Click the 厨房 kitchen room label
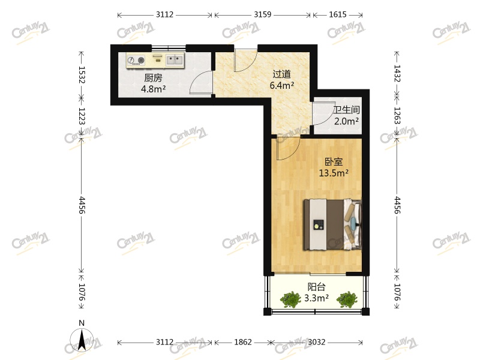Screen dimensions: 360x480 coord(153,77)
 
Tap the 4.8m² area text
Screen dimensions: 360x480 coord(153,89)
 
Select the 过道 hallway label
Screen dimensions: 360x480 coord(281,74)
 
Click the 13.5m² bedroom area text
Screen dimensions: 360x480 coord(334,173)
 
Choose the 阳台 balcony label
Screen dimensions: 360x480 coord(317,287)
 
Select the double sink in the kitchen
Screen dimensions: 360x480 coord(175,59)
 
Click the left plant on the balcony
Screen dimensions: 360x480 coord(292,298)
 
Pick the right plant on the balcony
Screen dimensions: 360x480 coord(346,298)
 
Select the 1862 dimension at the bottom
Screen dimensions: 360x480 coord(242,342)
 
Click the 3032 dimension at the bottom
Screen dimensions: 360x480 coord(316,342)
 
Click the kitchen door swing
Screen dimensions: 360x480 coord(202,83)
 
